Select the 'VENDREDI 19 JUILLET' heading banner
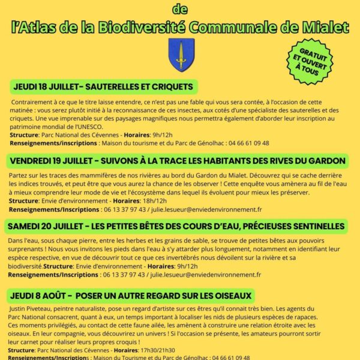[178, 161]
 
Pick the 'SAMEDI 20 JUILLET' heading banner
[178, 226]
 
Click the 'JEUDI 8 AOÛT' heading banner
[132, 295]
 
